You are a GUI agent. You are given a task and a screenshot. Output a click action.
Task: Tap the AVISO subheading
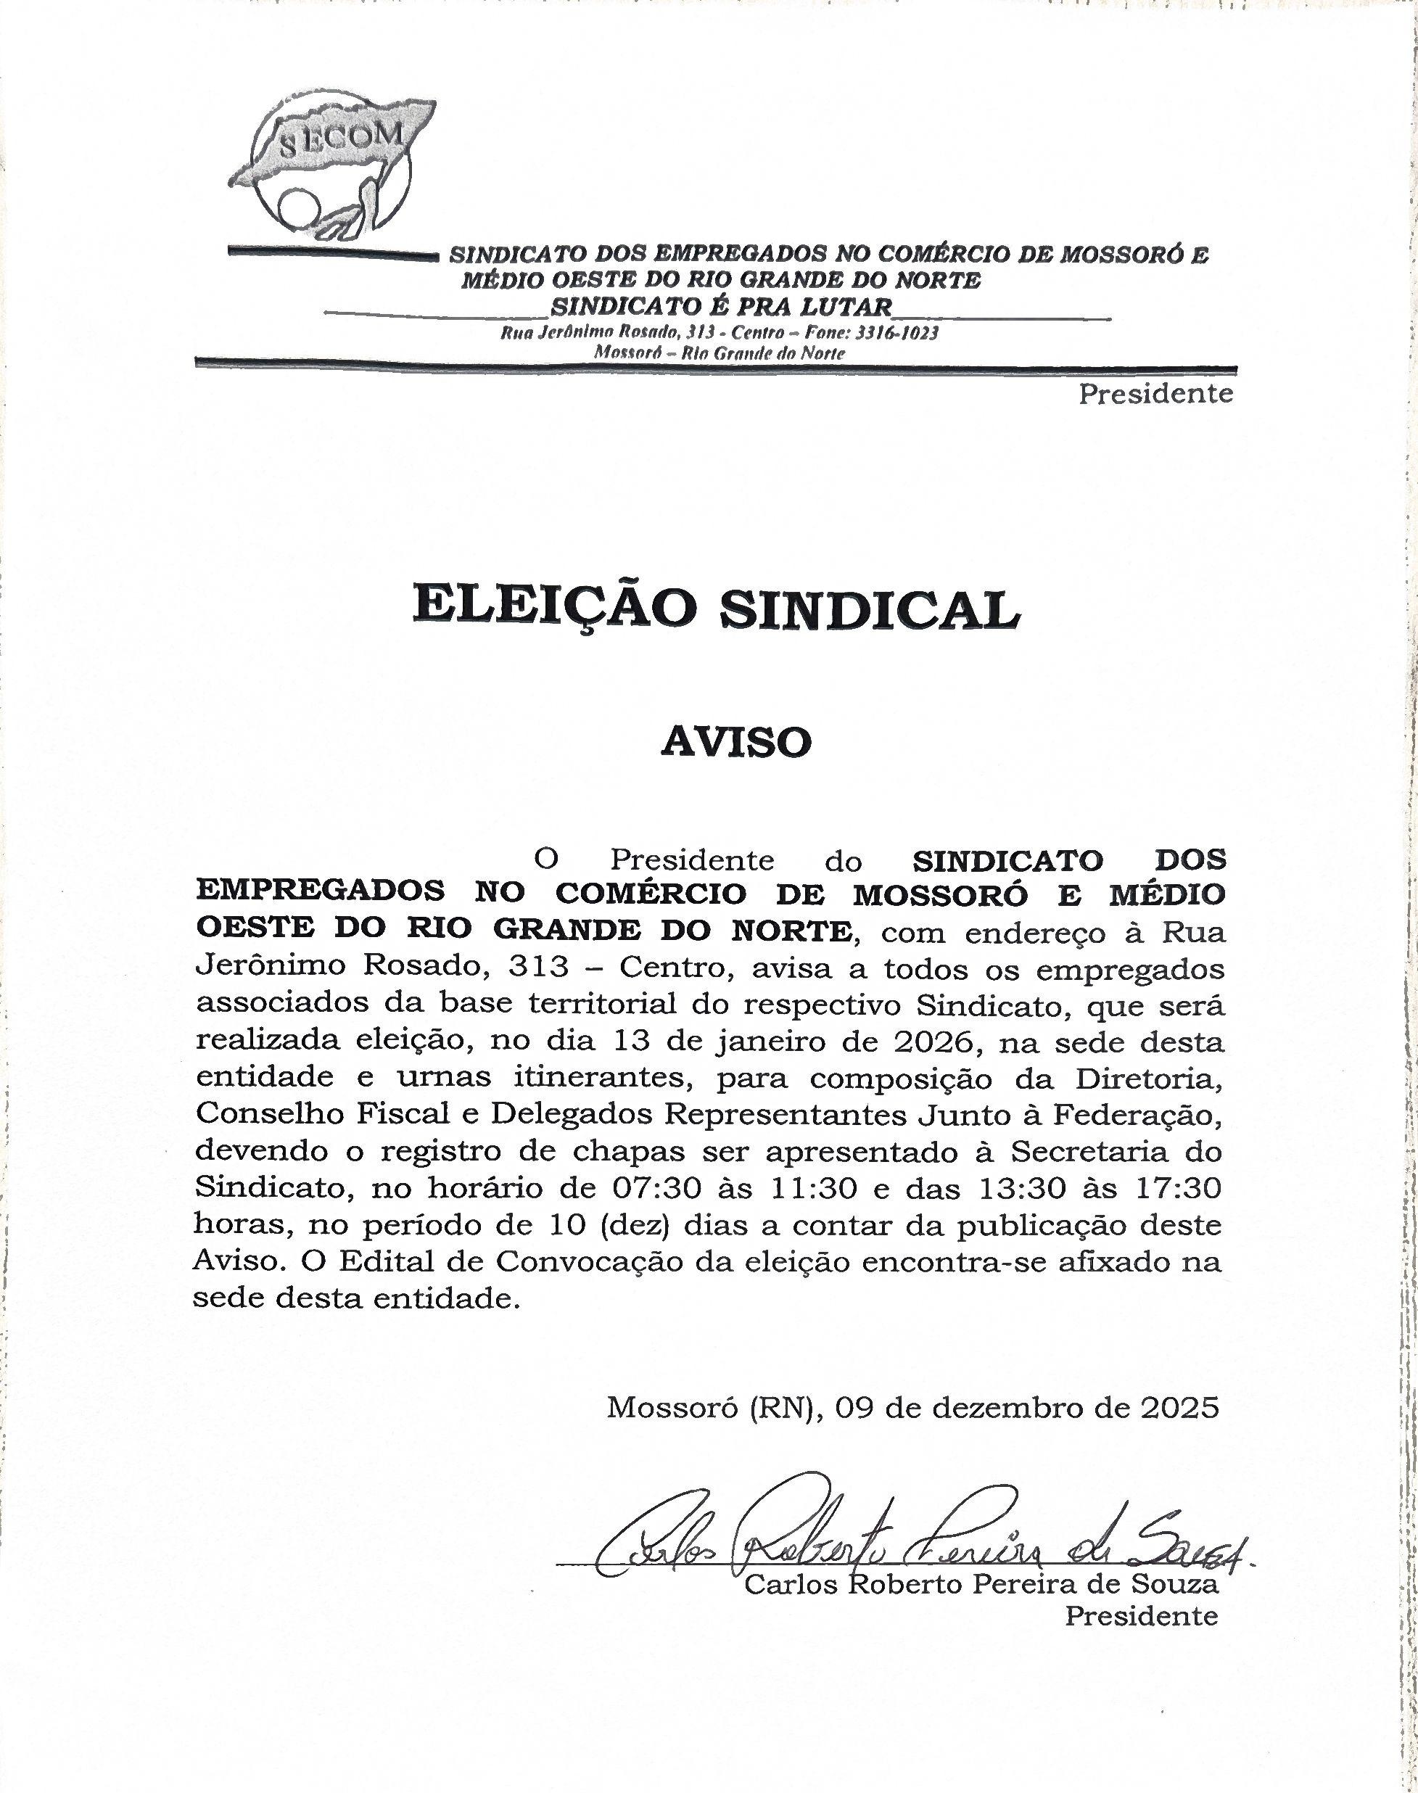point(735,742)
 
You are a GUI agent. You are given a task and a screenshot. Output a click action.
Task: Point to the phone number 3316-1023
point(900,334)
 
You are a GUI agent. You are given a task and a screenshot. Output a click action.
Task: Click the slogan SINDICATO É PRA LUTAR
point(721,306)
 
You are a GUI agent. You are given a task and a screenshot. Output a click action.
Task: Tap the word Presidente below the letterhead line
point(1155,393)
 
